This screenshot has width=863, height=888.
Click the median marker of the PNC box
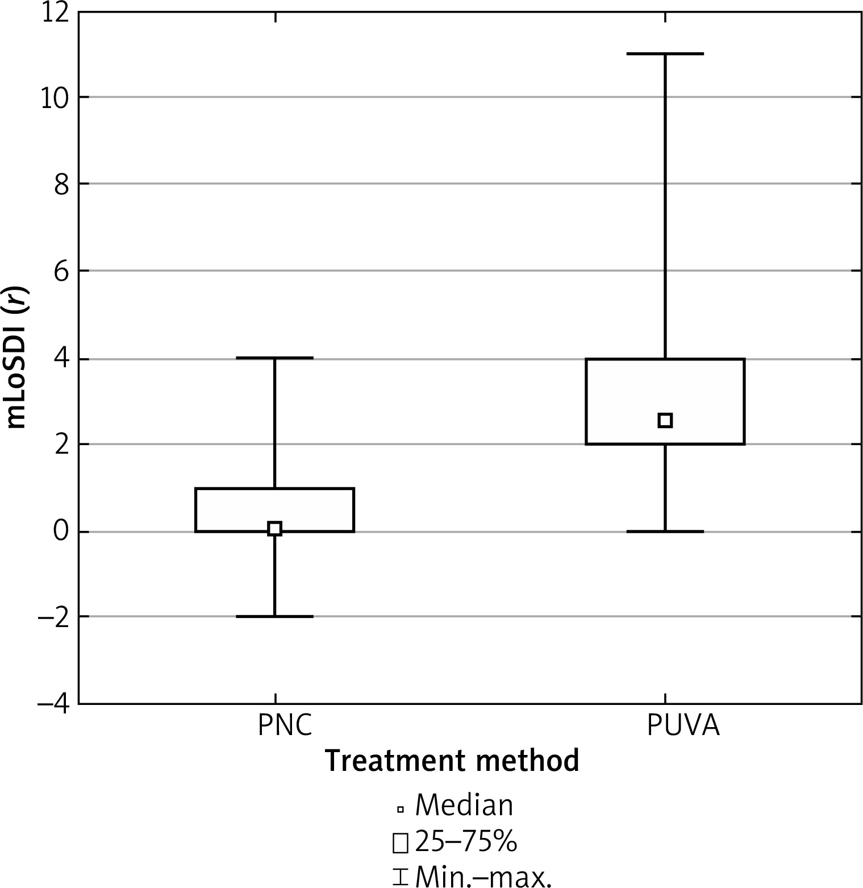(274, 529)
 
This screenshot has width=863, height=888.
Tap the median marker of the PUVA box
(665, 421)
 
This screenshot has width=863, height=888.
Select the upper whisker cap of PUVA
(665, 54)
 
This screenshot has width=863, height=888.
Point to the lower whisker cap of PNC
(274, 616)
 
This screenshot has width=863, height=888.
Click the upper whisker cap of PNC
(274, 358)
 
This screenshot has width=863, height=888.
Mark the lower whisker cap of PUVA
(665, 532)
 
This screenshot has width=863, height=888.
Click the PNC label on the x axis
(285, 726)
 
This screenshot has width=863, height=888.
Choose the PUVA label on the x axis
(683, 726)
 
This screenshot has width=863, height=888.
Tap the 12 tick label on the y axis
(55, 13)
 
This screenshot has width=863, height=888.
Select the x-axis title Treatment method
(452, 760)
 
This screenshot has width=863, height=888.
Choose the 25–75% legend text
(466, 843)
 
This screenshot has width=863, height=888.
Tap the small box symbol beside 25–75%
(400, 844)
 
